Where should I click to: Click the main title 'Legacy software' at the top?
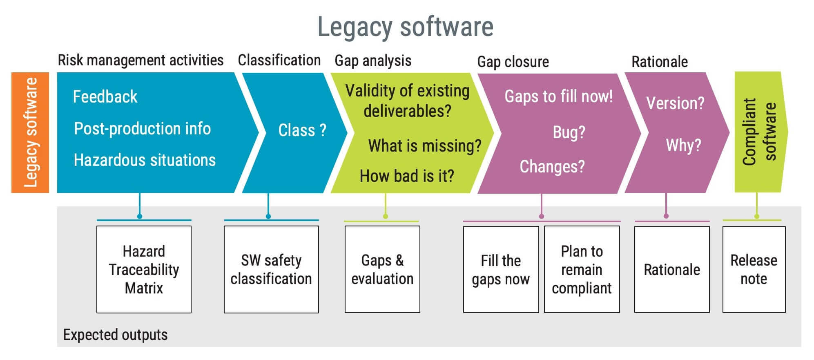tap(405, 27)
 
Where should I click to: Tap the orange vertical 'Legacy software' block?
tap(30, 132)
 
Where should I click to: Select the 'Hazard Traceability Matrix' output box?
tap(144, 270)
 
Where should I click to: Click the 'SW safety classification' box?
tap(271, 270)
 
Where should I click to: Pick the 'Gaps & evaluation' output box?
tap(382, 270)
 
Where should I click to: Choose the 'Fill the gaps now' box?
tap(501, 270)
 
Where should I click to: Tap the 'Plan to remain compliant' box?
tap(582, 270)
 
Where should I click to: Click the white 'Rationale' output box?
tap(672, 270)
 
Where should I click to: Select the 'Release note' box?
tap(754, 270)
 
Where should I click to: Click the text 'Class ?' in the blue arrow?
tap(302, 130)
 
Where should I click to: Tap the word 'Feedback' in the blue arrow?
tap(105, 97)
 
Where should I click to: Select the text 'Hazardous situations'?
tap(145, 160)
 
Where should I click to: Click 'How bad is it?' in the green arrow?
tap(407, 176)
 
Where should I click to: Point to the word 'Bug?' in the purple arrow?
tap(569, 132)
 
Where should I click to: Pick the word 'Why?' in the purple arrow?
tap(683, 145)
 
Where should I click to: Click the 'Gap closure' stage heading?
tap(513, 62)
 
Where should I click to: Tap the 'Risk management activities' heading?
tap(140, 60)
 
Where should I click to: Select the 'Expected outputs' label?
tap(115, 335)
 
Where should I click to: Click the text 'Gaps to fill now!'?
tap(558, 97)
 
